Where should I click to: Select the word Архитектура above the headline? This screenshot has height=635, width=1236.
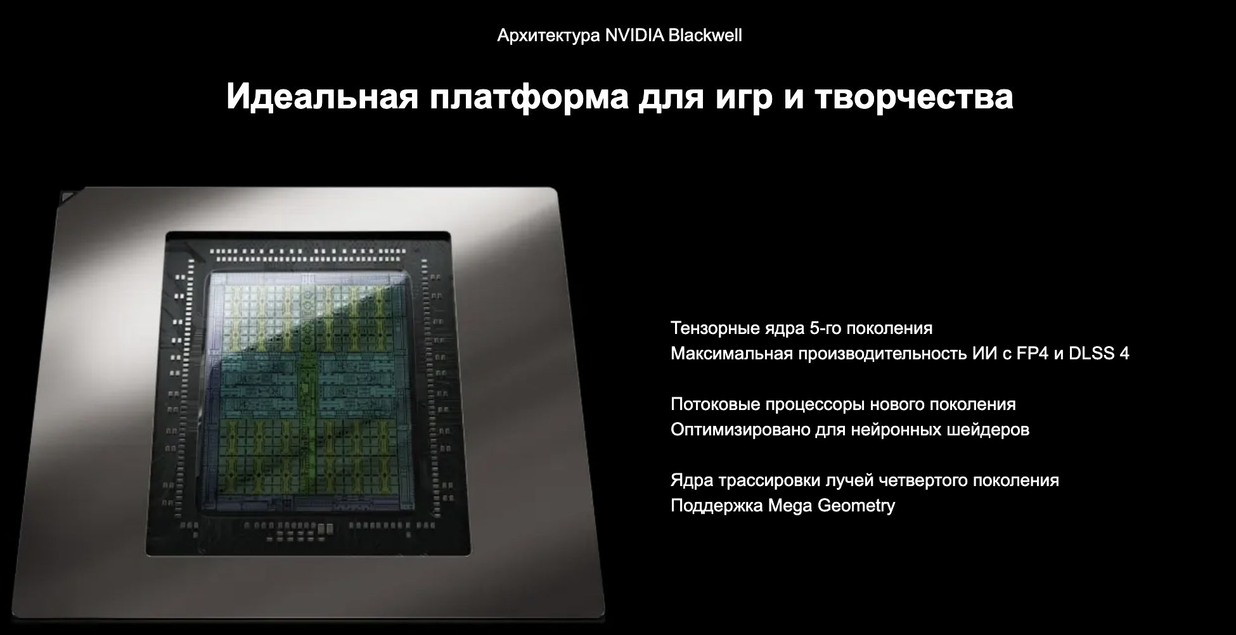(x=548, y=36)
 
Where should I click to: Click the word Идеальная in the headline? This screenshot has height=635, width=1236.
(x=322, y=97)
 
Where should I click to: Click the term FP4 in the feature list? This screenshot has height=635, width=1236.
(x=1033, y=354)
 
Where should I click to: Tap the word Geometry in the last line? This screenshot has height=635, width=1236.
(x=856, y=506)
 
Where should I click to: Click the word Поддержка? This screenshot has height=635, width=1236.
(x=717, y=506)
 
